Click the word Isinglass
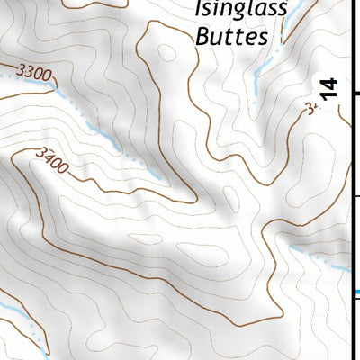(x=240, y=10)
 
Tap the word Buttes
(x=231, y=37)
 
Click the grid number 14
(x=329, y=88)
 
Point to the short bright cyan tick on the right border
(x=356, y=292)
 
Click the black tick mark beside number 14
(x=355, y=94)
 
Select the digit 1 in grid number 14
(x=329, y=94)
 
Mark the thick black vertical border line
(x=350, y=180)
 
